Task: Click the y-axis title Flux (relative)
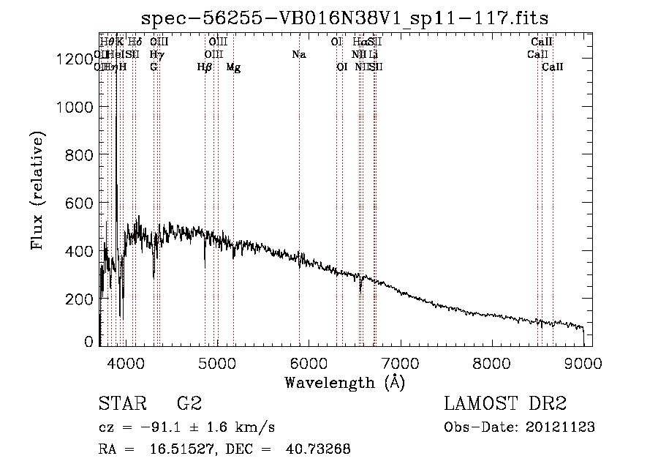click(38, 190)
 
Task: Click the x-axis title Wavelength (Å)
click(344, 382)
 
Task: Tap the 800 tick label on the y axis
click(80, 155)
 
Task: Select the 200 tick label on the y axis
click(80, 299)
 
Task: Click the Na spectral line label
click(298, 54)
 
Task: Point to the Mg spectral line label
click(233, 67)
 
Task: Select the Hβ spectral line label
click(205, 67)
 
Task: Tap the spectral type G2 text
click(189, 404)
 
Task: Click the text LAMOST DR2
click(505, 404)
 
